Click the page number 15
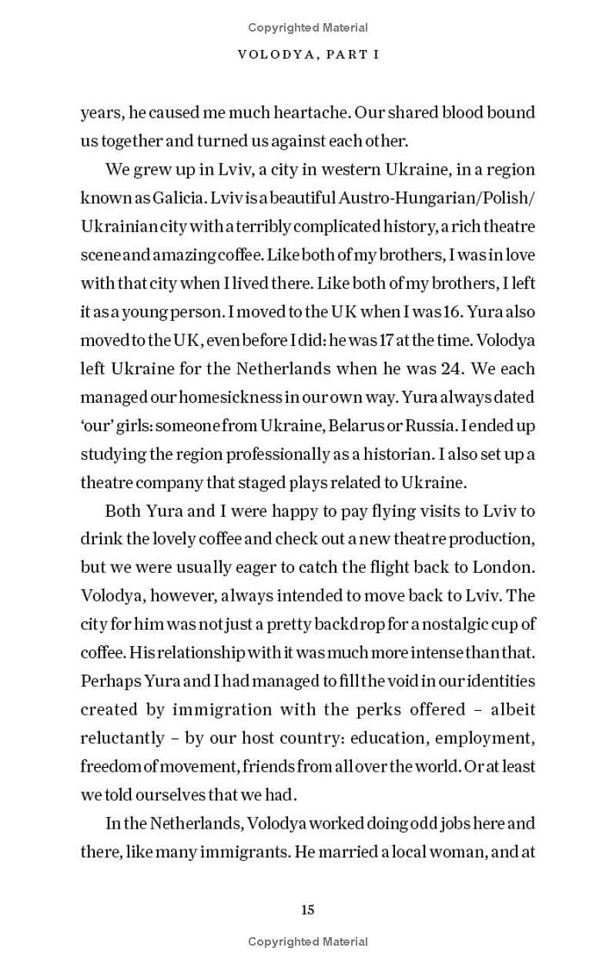pyautogui.click(x=308, y=909)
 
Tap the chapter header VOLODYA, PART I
pyautogui.click(x=308, y=55)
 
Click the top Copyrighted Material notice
pyautogui.click(x=308, y=28)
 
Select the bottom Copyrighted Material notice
pyautogui.click(x=308, y=941)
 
